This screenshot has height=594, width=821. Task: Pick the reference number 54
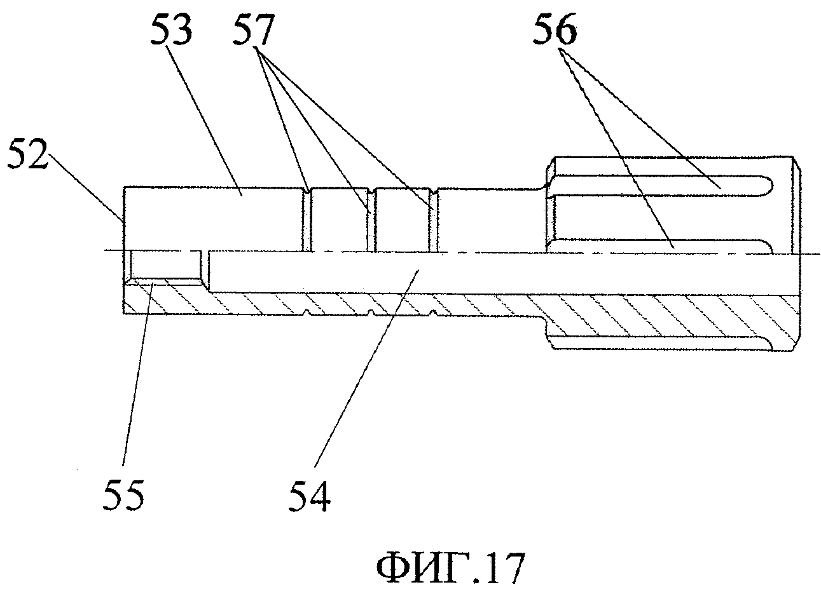pos(311,496)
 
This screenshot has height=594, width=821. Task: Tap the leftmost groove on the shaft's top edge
pos(307,189)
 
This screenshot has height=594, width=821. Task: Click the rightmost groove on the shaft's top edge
pos(435,189)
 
